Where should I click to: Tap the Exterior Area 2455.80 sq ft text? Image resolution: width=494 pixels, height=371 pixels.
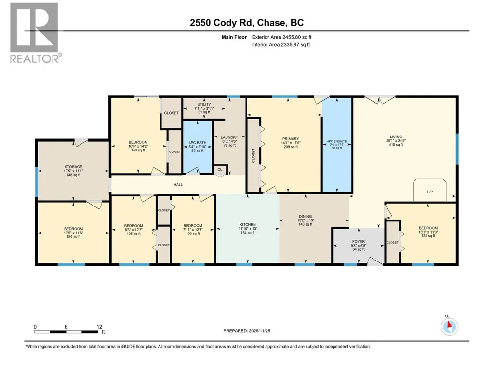click(x=281, y=37)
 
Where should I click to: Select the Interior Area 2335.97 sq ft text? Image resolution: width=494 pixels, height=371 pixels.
click(x=281, y=45)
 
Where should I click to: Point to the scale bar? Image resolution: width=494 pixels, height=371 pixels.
click(x=66, y=332)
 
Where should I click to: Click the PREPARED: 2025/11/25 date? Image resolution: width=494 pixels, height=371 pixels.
click(x=247, y=331)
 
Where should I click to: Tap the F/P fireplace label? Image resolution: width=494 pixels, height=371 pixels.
click(x=430, y=192)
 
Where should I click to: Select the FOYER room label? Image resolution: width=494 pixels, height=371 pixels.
click(x=359, y=242)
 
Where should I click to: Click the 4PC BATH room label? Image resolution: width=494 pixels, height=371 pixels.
click(x=198, y=143)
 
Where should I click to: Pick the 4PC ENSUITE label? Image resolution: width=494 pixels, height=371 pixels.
click(x=337, y=142)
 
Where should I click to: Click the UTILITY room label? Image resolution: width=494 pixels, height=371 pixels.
click(x=204, y=104)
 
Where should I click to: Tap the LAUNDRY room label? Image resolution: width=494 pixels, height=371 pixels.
click(x=229, y=137)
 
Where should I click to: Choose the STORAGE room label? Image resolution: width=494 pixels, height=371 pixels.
click(x=73, y=167)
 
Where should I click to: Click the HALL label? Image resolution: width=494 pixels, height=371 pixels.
click(x=178, y=185)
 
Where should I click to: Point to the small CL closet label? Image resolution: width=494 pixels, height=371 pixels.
click(x=220, y=169)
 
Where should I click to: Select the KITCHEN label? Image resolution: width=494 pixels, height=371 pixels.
click(x=248, y=225)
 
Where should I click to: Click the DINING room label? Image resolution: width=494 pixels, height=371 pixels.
click(x=305, y=217)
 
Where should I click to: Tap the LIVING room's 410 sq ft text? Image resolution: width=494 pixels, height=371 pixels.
click(x=396, y=144)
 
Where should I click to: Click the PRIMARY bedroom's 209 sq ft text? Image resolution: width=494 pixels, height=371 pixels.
click(x=291, y=147)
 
